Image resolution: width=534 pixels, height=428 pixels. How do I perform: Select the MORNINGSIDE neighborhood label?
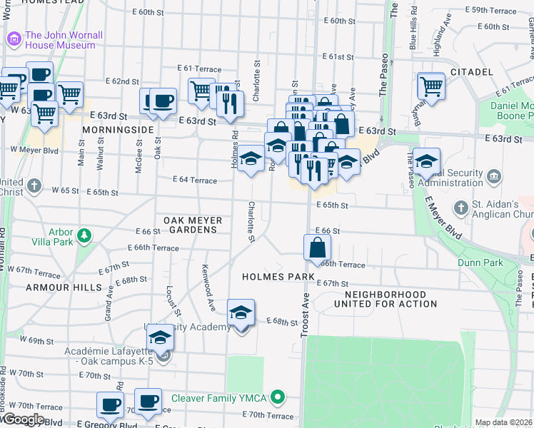(118, 130)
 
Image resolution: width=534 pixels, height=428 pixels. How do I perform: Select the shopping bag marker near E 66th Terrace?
(317, 249)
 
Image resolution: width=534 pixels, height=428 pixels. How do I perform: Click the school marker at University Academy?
(241, 313)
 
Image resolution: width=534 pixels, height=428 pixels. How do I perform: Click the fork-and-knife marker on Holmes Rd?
(230, 104)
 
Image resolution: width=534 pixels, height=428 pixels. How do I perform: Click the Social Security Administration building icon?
(493, 175)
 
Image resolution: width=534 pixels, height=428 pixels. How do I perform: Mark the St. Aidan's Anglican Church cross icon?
(462, 207)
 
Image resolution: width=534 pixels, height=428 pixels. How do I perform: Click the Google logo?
(23, 419)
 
